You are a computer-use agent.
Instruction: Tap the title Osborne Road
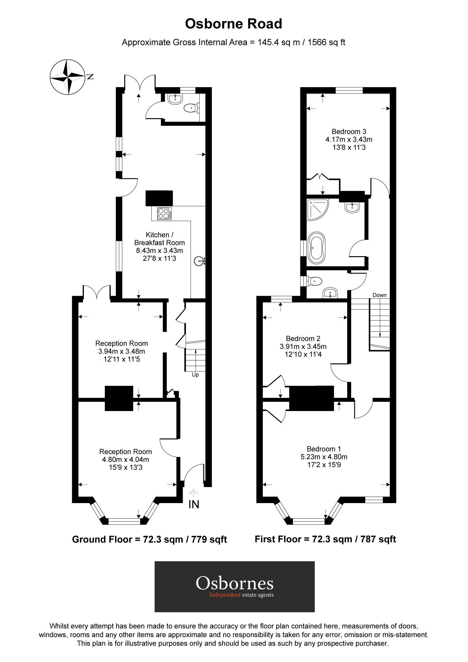233,24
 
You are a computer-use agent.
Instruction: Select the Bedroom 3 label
349,132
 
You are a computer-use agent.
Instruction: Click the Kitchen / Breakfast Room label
159,239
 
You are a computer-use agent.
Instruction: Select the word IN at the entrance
194,504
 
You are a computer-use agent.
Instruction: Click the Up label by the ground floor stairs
195,375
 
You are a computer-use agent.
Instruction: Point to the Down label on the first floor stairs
379,295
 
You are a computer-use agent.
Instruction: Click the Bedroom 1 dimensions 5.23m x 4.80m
324,457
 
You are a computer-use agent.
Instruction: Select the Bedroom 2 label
303,338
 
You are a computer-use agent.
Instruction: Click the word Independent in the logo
225,595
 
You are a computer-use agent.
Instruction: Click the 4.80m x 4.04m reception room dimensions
126,460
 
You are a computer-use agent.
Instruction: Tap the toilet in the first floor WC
314,281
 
